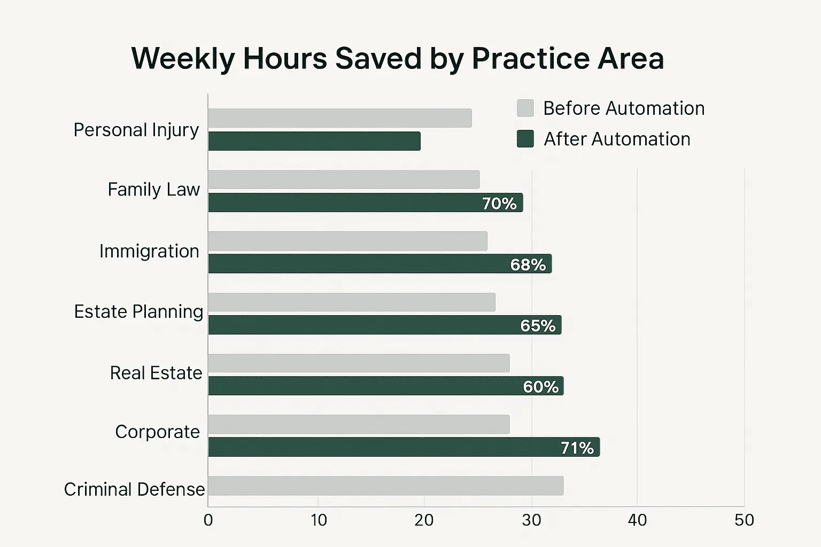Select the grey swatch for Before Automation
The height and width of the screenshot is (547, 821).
525,108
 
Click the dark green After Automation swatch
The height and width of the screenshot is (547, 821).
525,139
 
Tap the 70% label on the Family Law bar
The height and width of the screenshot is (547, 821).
499,204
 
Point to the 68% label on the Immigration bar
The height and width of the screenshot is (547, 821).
528,264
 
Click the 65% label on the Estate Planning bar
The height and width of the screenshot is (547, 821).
538,325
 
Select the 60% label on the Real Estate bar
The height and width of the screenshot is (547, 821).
540,386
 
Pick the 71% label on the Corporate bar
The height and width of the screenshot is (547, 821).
577,448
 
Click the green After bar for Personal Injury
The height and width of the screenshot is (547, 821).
314,141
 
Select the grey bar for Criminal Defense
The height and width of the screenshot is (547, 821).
385,486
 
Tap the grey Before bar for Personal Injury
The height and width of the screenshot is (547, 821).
340,118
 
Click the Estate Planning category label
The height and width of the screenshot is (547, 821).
138,311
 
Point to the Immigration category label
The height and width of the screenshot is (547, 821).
149,251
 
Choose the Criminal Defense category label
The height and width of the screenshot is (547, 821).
134,489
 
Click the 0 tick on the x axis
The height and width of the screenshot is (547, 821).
208,520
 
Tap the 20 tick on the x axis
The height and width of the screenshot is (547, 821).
424,520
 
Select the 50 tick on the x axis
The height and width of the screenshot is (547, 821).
744,520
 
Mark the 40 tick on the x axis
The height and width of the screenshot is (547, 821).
637,520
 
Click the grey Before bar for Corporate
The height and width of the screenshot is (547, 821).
359,424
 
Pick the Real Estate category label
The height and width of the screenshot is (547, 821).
156,373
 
